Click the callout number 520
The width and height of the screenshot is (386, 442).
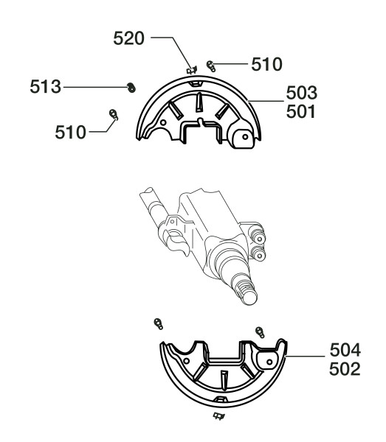[x=128, y=38]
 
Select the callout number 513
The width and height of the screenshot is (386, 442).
[x=46, y=86]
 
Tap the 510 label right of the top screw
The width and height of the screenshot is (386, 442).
[x=266, y=64]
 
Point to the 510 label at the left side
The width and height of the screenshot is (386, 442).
[x=70, y=132]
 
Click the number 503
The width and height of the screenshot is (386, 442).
[x=302, y=93]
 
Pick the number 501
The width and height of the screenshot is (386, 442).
[x=300, y=112]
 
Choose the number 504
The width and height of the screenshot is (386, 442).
[x=345, y=350]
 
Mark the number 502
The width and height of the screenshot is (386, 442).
[x=345, y=369]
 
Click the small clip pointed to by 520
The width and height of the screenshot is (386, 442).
[x=192, y=70]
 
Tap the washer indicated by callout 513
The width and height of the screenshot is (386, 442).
[x=131, y=88]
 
